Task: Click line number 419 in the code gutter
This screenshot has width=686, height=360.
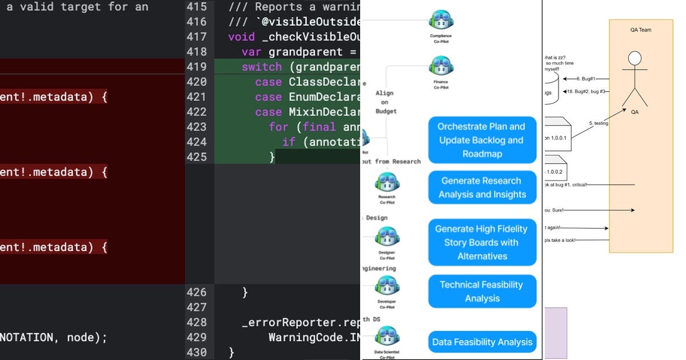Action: click(196, 67)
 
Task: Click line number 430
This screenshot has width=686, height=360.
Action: click(196, 352)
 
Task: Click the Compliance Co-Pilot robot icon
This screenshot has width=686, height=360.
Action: click(441, 21)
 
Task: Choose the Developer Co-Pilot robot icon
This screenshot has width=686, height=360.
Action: click(387, 286)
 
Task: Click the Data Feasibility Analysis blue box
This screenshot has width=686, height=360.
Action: click(482, 342)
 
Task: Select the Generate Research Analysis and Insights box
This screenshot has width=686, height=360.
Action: click(482, 187)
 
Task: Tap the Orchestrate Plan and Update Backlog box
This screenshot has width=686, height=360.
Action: click(482, 140)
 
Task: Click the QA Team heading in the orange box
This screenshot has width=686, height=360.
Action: click(640, 30)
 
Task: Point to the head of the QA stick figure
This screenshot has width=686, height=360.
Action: click(635, 59)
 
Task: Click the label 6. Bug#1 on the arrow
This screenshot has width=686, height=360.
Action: click(586, 78)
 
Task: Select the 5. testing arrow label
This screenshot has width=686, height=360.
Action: click(599, 123)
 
